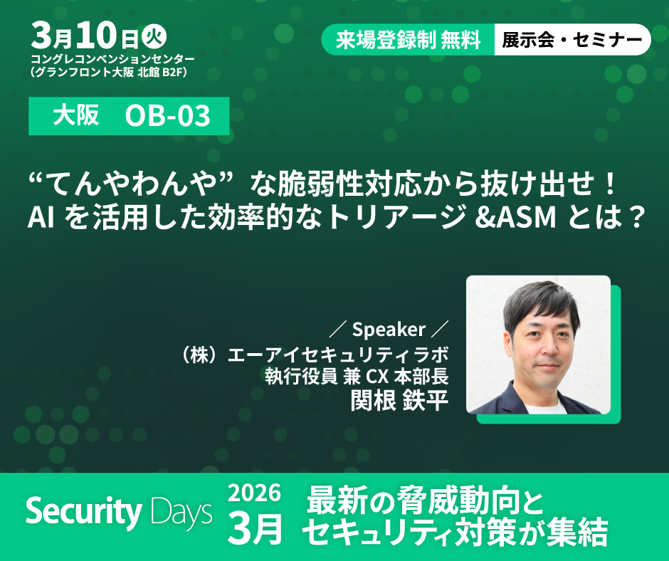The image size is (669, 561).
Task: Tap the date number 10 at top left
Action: tap(96, 35)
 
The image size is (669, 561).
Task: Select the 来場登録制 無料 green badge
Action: tap(409, 40)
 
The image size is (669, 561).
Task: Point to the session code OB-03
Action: tap(167, 115)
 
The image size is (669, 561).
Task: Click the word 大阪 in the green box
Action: tap(76, 115)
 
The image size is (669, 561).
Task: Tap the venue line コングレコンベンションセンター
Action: tap(112, 58)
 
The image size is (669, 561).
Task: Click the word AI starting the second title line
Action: tap(41, 217)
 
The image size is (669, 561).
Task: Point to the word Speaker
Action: tap(389, 329)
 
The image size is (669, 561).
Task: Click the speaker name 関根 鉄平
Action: tap(399, 401)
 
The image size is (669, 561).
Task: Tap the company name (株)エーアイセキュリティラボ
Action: tap(315, 355)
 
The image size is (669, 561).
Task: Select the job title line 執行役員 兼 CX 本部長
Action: tap(357, 377)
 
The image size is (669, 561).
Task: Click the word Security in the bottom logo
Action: tap(84, 511)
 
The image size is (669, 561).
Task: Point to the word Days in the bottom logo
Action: tap(181, 513)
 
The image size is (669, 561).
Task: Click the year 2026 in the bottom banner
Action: tap(254, 493)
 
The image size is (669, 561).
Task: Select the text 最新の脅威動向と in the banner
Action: tap(425, 500)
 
